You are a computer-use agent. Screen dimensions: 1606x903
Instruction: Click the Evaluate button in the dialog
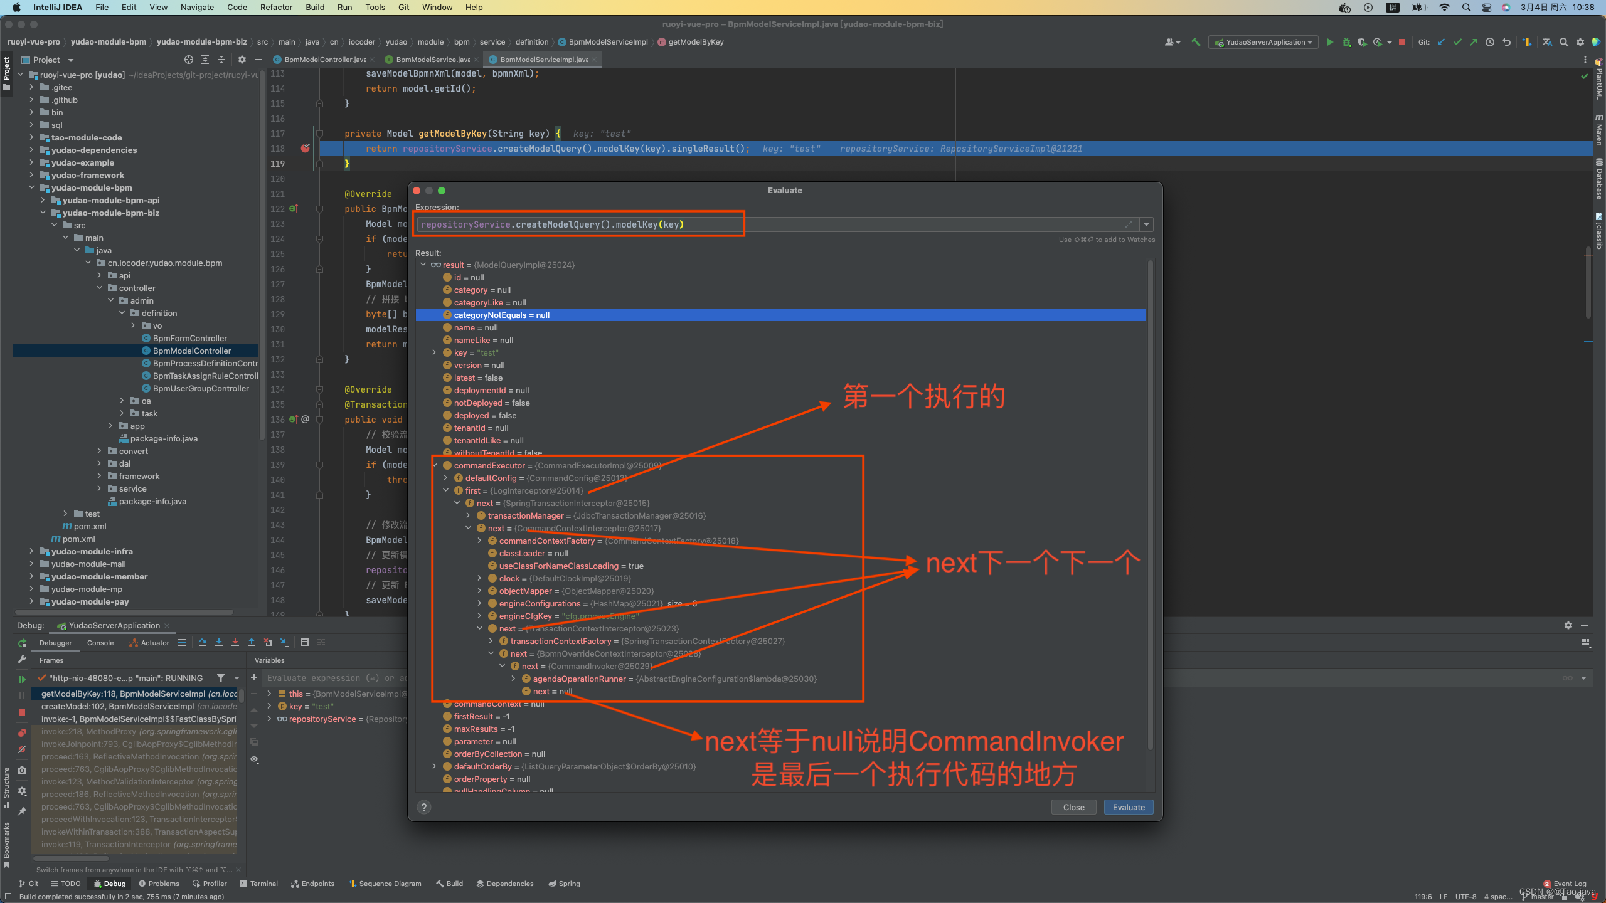tap(1128, 807)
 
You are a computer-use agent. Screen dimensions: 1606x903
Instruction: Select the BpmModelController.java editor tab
tap(324, 60)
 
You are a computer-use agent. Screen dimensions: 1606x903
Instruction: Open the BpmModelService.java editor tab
tap(432, 60)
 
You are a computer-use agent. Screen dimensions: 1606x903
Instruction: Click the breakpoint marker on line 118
tap(306, 149)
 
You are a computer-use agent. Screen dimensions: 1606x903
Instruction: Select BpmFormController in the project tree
tap(189, 338)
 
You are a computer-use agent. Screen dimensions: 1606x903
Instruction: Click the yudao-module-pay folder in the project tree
tap(90, 601)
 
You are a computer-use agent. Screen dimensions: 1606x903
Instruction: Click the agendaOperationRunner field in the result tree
tap(579, 679)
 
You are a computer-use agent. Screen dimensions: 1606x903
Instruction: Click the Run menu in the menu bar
tap(344, 7)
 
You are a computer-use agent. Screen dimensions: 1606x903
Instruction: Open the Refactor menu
tap(276, 7)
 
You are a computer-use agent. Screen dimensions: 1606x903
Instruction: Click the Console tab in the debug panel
tap(100, 643)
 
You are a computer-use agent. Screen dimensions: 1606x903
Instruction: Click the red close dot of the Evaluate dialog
tap(417, 191)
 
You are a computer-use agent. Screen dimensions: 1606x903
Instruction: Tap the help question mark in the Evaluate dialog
tap(424, 807)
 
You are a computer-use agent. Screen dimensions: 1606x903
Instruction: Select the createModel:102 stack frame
tap(138, 706)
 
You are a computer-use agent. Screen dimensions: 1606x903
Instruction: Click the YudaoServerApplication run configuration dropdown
tap(1264, 42)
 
